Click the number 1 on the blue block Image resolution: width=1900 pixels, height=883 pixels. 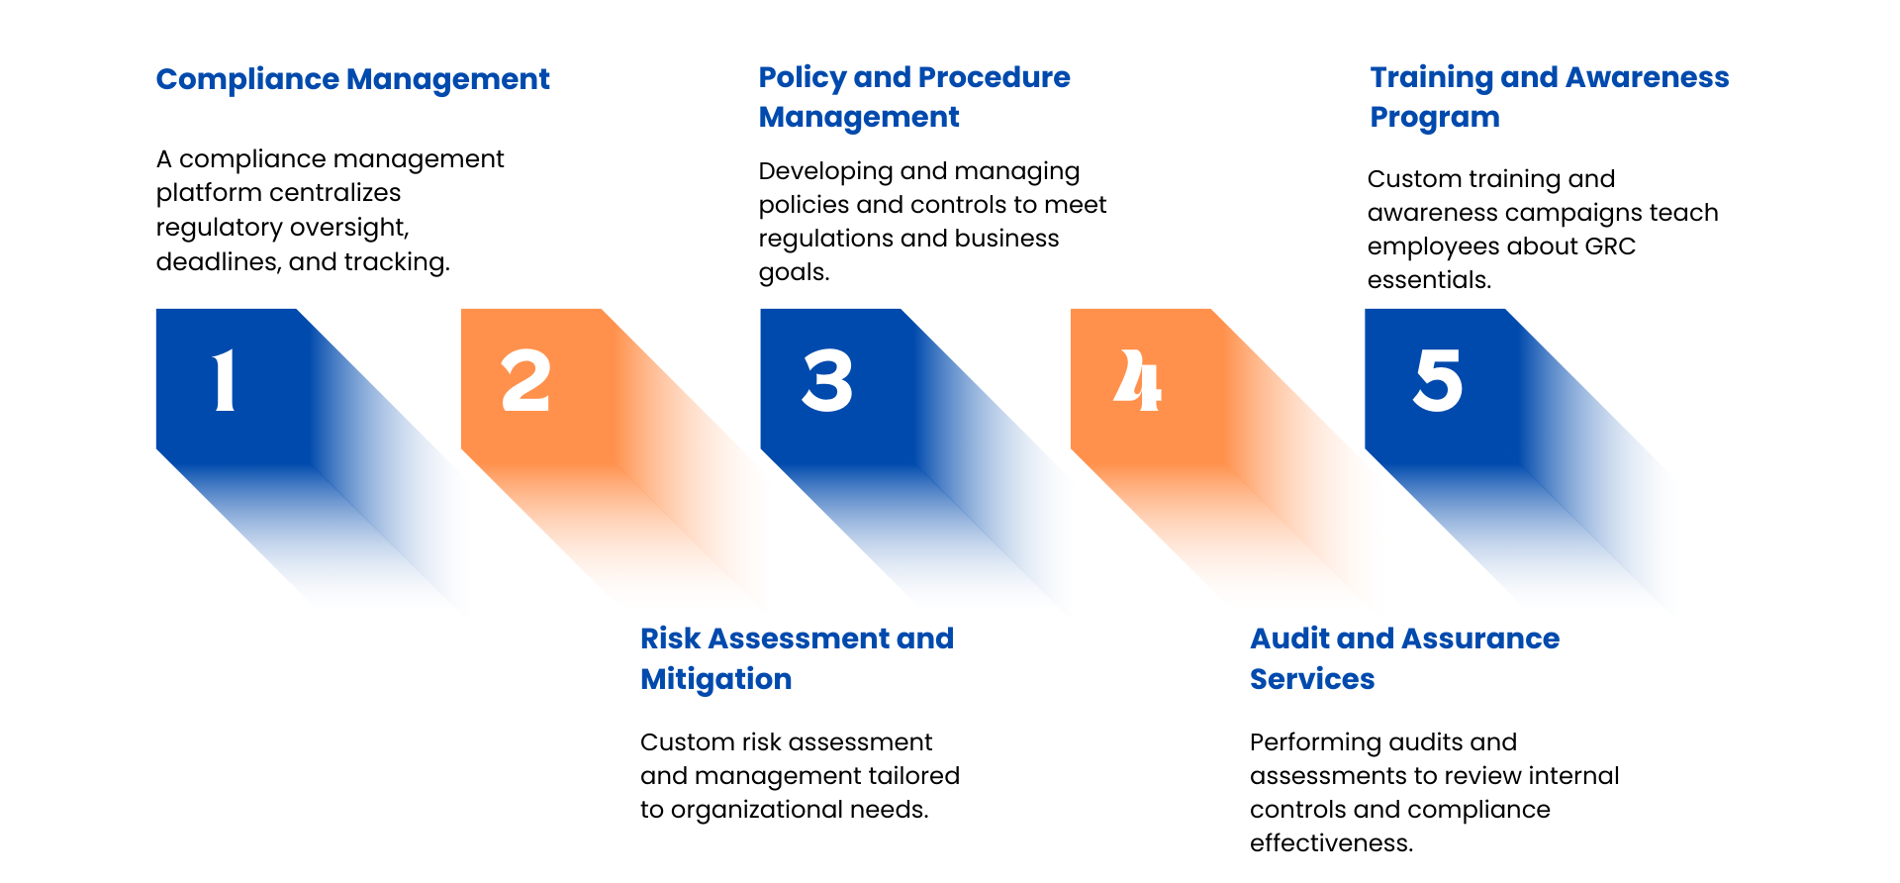point(226,380)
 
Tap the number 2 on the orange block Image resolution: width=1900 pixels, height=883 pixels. point(525,380)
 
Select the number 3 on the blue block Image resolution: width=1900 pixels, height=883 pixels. point(827,380)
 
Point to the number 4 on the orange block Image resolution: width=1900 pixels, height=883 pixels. point(1138,380)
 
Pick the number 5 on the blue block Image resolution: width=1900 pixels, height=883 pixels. point(1438,380)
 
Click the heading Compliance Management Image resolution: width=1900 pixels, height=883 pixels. point(352,79)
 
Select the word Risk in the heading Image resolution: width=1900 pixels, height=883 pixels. point(670,638)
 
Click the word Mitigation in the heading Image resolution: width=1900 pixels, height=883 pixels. point(715,680)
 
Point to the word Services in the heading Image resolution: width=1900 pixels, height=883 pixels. point(1312,679)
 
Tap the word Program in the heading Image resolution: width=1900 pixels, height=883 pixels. point(1435,118)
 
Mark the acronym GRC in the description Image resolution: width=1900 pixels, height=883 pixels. point(1610,246)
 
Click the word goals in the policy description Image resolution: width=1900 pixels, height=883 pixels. point(791,273)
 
